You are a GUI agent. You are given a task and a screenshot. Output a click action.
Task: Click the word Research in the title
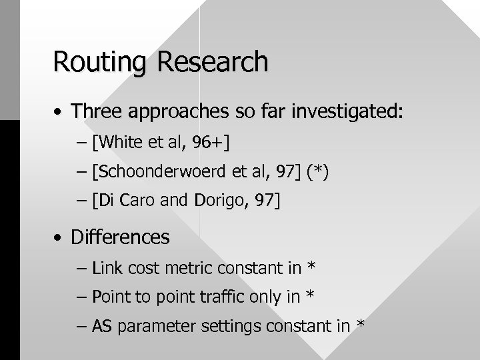(x=213, y=62)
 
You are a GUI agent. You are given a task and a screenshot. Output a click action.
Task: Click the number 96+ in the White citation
(x=213, y=142)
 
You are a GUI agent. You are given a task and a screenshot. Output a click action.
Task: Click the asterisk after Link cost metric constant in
(x=311, y=267)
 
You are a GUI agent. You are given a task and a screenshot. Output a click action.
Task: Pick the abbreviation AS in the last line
(x=102, y=326)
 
